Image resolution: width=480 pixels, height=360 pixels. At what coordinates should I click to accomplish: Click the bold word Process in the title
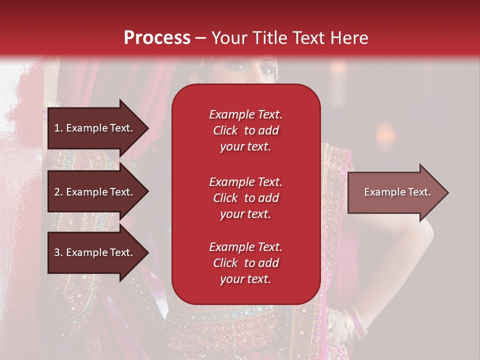click(x=157, y=38)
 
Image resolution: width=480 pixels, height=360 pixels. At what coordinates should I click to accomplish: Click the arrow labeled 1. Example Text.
click(x=95, y=128)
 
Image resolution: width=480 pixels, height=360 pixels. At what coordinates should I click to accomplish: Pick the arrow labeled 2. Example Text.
click(x=95, y=192)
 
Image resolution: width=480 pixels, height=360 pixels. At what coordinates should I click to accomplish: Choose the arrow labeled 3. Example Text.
click(x=95, y=252)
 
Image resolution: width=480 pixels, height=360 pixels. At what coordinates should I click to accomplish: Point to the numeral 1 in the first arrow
click(x=57, y=128)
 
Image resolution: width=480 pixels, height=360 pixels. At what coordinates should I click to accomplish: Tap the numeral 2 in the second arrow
click(x=57, y=192)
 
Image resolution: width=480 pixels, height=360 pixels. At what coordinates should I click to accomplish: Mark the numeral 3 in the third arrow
click(x=57, y=252)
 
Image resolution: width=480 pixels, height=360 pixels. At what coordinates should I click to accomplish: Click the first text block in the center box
click(x=245, y=130)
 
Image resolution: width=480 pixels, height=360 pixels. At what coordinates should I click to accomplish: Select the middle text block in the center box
click(x=245, y=198)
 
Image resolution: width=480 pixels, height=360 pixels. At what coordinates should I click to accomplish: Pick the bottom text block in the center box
click(x=245, y=263)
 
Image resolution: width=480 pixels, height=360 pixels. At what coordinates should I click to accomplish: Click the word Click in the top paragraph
click(x=225, y=130)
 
